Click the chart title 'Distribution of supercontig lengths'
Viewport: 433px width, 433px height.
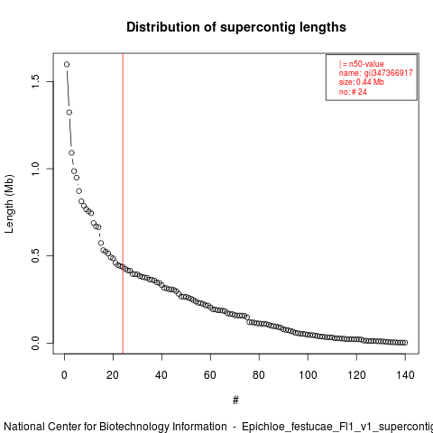pos(236,27)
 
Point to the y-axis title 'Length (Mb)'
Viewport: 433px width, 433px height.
pos(10,204)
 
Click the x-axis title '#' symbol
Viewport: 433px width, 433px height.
pos(235,401)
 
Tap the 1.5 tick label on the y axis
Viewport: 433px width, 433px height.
pos(35,81)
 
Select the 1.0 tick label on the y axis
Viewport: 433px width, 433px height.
pos(35,169)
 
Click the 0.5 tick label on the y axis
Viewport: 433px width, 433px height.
pos(35,255)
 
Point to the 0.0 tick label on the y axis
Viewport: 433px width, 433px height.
pos(35,343)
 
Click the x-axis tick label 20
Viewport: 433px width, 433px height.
pos(113,375)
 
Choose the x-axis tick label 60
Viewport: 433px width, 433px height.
pos(210,375)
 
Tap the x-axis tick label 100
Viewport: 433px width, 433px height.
pos(308,375)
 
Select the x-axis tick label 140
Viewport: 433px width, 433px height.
pos(405,375)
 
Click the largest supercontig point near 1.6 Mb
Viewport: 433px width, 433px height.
pos(67,64)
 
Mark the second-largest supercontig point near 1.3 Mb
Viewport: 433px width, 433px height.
pos(69,113)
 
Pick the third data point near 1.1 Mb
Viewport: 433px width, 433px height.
pos(71,153)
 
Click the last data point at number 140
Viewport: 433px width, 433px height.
pos(405,343)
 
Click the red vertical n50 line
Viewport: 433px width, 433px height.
pos(123,204)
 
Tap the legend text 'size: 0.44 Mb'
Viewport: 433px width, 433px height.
pos(362,82)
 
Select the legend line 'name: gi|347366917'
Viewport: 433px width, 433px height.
pos(376,73)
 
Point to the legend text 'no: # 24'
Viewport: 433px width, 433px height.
pos(353,91)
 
